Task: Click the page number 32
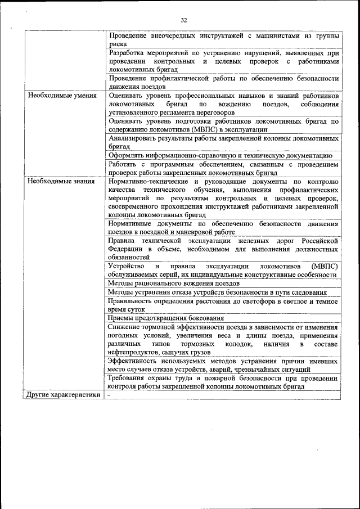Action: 183,20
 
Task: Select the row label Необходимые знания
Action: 55,182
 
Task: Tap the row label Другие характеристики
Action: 64,395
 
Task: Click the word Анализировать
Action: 133,138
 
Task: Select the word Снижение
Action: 124,327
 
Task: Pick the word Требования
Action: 129,379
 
